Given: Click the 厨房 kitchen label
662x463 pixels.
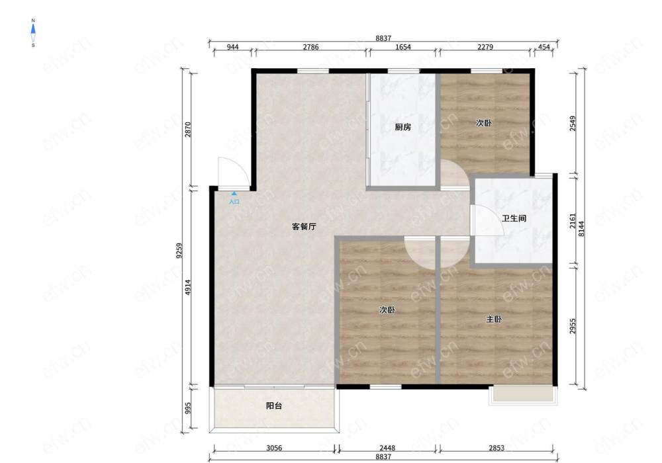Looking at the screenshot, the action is (402, 127).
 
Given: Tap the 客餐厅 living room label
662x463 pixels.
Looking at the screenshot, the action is (304, 226).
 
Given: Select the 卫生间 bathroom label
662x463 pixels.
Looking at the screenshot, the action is (514, 218).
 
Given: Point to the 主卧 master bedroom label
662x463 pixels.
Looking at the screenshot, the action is (494, 319).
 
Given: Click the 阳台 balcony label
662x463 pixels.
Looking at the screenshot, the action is (274, 405).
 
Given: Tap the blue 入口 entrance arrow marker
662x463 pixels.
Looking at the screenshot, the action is (234, 194).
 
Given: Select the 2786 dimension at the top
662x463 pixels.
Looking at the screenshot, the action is (310, 47).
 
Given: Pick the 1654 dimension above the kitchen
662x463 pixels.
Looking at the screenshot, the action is (402, 47).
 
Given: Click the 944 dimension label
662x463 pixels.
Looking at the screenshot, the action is (232, 47).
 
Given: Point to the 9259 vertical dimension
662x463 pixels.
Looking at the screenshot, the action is (179, 251).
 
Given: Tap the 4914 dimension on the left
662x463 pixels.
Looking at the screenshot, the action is (188, 287).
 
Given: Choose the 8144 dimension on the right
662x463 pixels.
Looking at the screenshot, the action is (582, 229).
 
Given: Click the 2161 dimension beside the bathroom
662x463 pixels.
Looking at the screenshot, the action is (573, 221).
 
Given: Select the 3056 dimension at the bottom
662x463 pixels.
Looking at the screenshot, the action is (274, 448).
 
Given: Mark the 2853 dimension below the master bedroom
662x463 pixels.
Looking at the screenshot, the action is (496, 448).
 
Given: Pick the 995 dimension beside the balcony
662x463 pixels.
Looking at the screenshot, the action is (188, 407).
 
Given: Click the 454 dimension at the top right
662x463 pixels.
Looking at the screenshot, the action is (544, 47).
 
